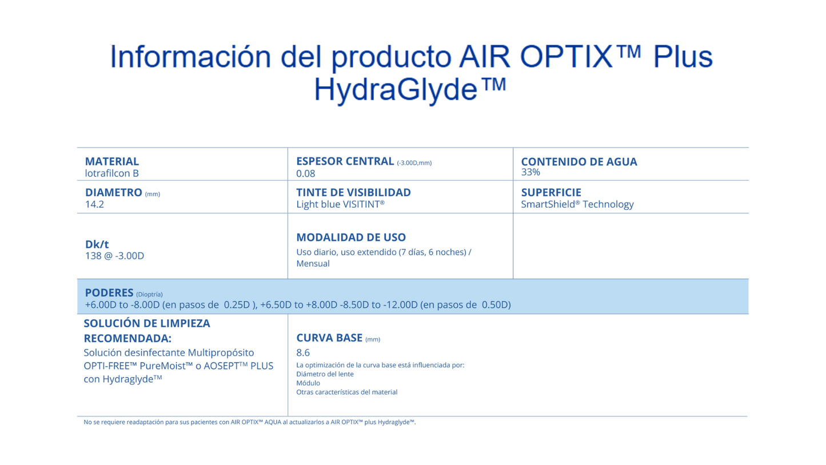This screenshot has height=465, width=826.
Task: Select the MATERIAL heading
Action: (x=112, y=161)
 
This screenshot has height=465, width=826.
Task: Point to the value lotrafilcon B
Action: (x=112, y=173)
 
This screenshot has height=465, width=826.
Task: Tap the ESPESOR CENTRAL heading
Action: (x=345, y=161)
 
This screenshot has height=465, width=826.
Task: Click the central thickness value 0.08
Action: (x=306, y=174)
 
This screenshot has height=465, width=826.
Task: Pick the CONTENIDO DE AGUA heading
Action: (x=579, y=162)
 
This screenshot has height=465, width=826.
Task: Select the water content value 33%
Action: (x=530, y=172)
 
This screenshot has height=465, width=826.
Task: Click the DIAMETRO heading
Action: (x=114, y=193)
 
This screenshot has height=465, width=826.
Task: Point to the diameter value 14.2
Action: (x=94, y=204)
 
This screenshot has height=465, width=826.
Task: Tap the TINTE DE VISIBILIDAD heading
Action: (x=353, y=193)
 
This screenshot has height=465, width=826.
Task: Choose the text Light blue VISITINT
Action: (x=340, y=204)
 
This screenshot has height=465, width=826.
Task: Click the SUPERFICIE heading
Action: (x=551, y=193)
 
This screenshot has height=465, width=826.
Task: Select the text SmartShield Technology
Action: (x=577, y=204)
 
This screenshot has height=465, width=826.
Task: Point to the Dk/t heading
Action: (x=97, y=244)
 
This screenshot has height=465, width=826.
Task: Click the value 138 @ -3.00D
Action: (x=114, y=256)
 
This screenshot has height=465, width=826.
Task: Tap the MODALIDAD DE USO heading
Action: (x=351, y=237)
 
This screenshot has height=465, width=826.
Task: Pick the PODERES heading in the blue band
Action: (x=109, y=292)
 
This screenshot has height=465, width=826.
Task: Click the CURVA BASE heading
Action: (x=329, y=338)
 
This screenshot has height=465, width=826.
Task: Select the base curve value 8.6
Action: (x=303, y=353)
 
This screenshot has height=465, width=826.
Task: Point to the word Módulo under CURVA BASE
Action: (x=308, y=383)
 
